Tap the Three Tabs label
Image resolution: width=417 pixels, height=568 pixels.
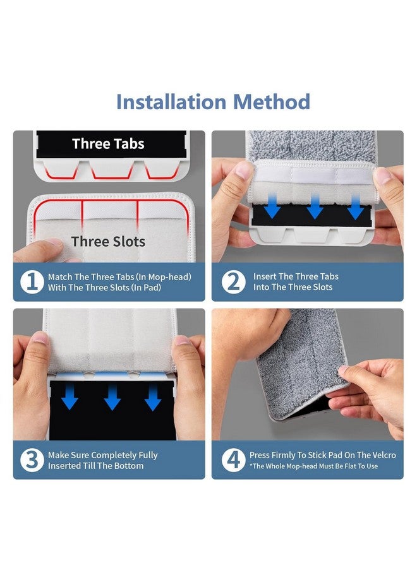tap(108, 144)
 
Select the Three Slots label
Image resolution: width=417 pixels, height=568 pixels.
tap(108, 241)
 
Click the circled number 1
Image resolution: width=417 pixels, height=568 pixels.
tap(32, 282)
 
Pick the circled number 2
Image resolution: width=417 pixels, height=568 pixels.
tap(234, 282)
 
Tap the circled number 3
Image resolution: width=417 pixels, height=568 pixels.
tap(32, 460)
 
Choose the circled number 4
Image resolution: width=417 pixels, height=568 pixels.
tap(234, 460)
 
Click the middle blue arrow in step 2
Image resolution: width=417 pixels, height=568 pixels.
tap(315, 206)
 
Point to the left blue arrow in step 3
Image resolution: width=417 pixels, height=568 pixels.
tap(69, 397)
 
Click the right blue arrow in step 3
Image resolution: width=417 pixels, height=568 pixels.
tap(153, 398)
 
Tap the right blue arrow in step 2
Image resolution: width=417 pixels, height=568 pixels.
tap(356, 206)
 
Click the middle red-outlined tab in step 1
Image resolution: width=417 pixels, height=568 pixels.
tap(112, 170)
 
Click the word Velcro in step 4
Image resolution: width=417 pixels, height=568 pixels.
tap(384, 455)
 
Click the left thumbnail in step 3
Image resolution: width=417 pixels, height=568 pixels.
tap(40, 338)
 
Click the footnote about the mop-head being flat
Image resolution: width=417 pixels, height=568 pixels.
tap(313, 466)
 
